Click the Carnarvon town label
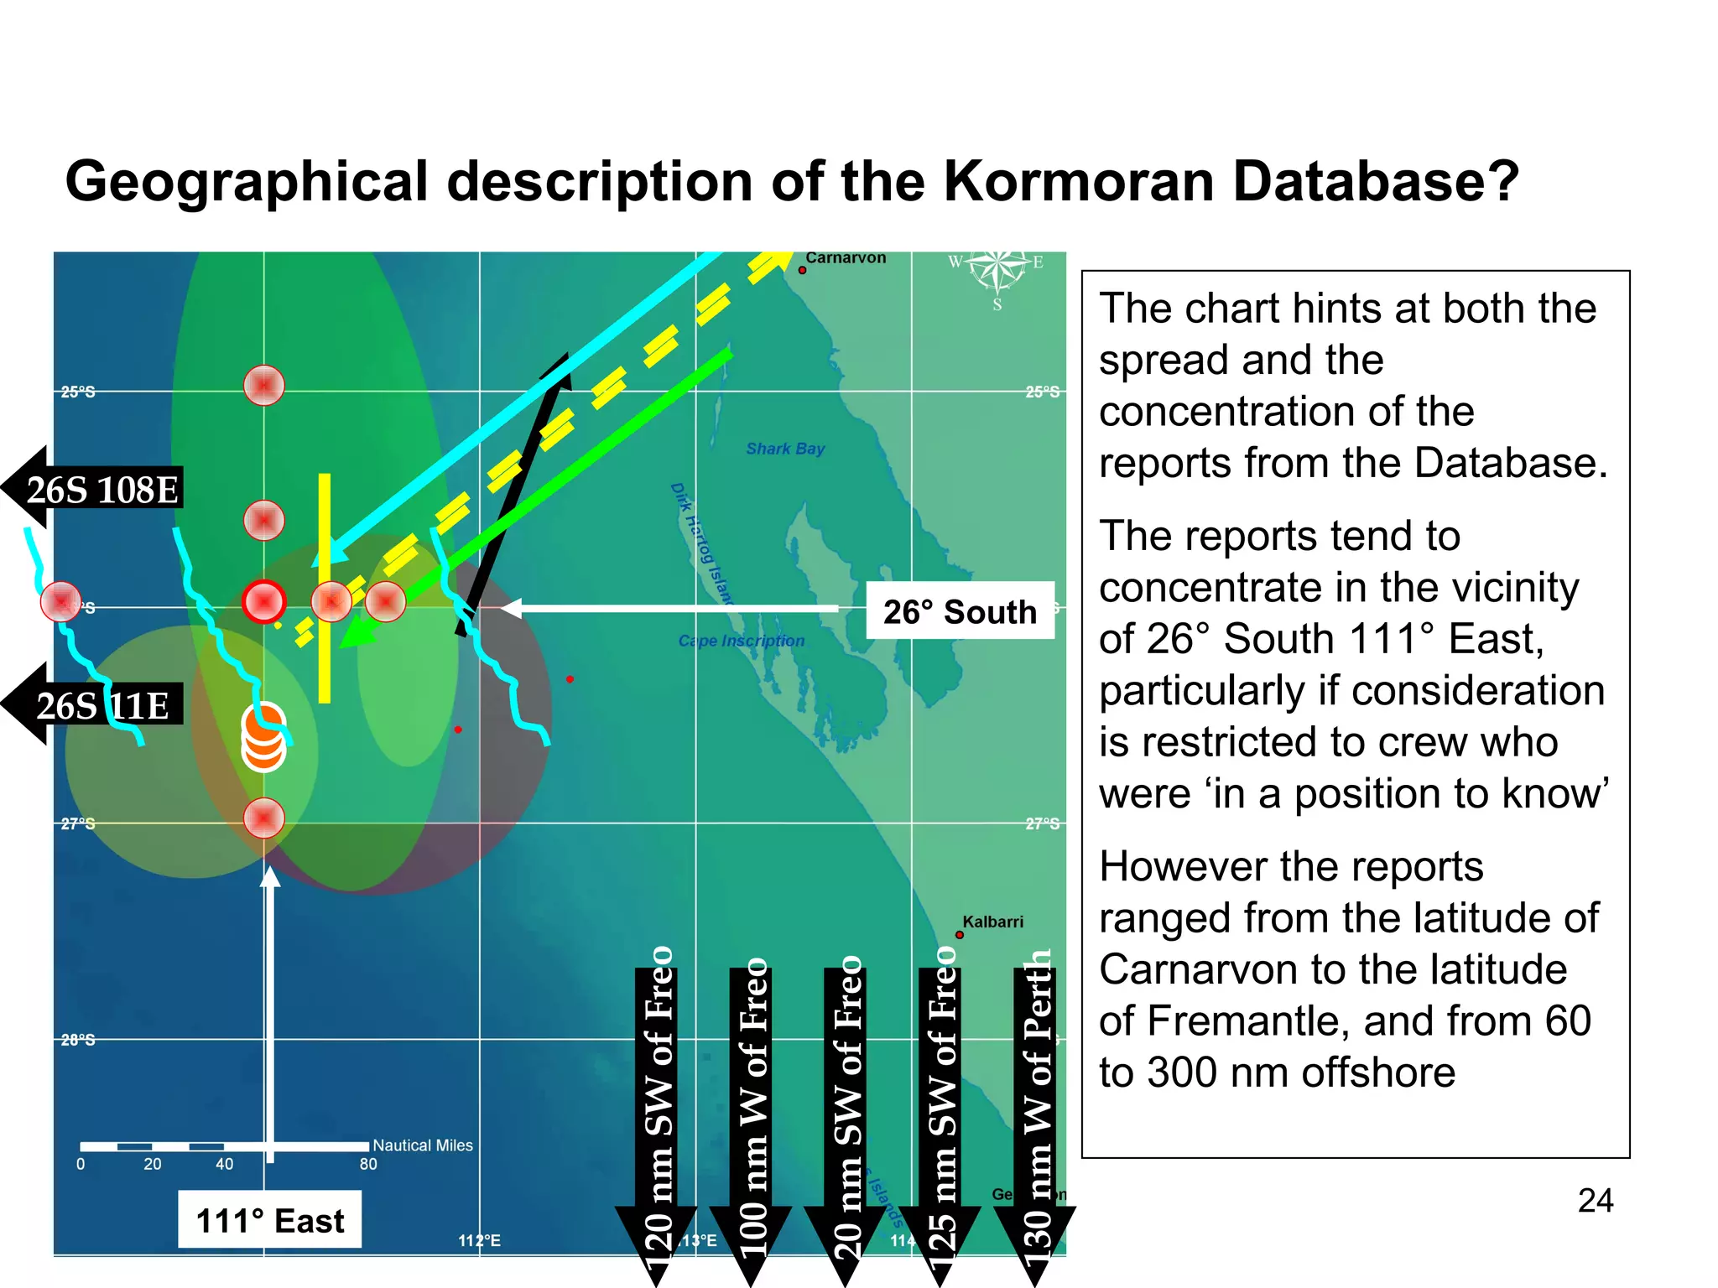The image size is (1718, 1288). pyautogui.click(x=845, y=258)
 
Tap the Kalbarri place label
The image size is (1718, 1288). pyautogui.click(x=992, y=922)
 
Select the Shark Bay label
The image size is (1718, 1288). pyautogui.click(x=785, y=449)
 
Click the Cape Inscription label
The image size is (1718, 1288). pyautogui.click(x=741, y=641)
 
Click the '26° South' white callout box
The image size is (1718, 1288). pyautogui.click(x=960, y=611)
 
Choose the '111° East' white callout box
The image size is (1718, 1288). pyautogui.click(x=269, y=1220)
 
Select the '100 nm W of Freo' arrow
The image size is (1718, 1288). pyautogui.click(x=752, y=1115)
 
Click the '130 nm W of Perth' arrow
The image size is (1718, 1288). pyautogui.click(x=1035, y=1115)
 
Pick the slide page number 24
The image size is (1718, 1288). pyautogui.click(x=1595, y=1201)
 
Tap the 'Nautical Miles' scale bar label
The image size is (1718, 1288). pyautogui.click(x=423, y=1145)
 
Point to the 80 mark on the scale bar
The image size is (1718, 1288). pyautogui.click(x=368, y=1164)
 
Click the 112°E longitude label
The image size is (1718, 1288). pyautogui.click(x=479, y=1240)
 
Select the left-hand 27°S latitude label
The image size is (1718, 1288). pyautogui.click(x=78, y=823)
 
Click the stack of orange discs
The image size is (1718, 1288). pyautogui.click(x=263, y=737)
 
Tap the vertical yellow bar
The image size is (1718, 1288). pyautogui.click(x=325, y=587)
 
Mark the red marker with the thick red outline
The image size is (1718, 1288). pyautogui.click(x=263, y=601)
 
